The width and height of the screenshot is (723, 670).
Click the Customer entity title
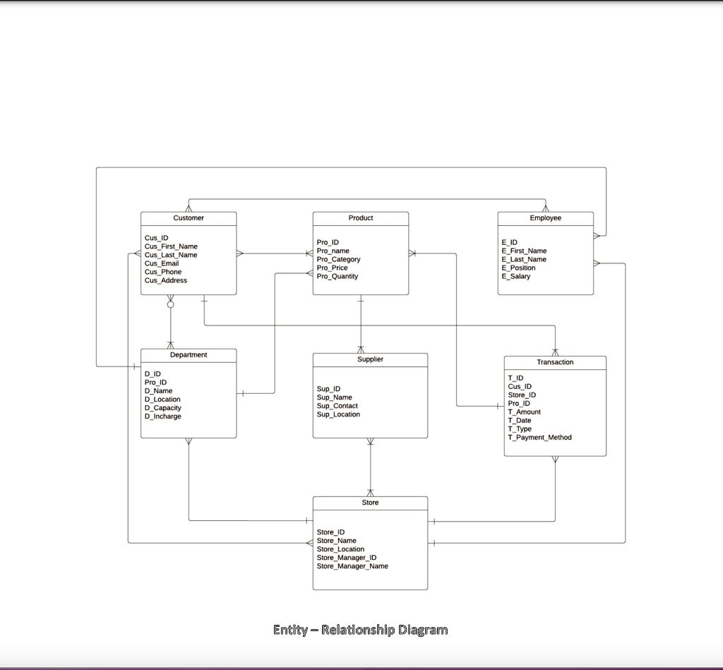tap(189, 218)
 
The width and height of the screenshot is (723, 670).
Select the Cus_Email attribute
tap(162, 263)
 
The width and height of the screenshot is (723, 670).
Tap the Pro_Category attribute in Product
tap(338, 259)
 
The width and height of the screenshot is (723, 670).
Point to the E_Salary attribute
tap(515, 276)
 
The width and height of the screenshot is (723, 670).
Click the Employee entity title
tap(545, 218)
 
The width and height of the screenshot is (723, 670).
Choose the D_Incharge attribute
tap(162, 417)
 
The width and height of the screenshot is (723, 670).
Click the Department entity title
tap(189, 355)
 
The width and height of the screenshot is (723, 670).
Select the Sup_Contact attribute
tap(337, 406)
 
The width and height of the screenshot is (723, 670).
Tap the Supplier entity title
tap(370, 359)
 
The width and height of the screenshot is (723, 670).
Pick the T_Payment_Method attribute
tap(539, 437)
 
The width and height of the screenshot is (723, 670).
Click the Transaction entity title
tap(555, 362)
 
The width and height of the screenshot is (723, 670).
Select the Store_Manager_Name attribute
tap(352, 566)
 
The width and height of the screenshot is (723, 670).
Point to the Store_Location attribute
tap(340, 549)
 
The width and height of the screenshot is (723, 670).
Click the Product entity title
tap(361, 218)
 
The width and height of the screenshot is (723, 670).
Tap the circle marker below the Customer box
tap(170, 304)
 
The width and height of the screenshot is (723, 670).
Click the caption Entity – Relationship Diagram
tap(360, 630)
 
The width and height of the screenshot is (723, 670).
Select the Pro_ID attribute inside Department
tap(155, 382)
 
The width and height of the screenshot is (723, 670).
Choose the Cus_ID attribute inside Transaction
tap(519, 386)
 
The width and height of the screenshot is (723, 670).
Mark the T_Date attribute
tap(519, 420)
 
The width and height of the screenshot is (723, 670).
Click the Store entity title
tap(370, 503)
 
